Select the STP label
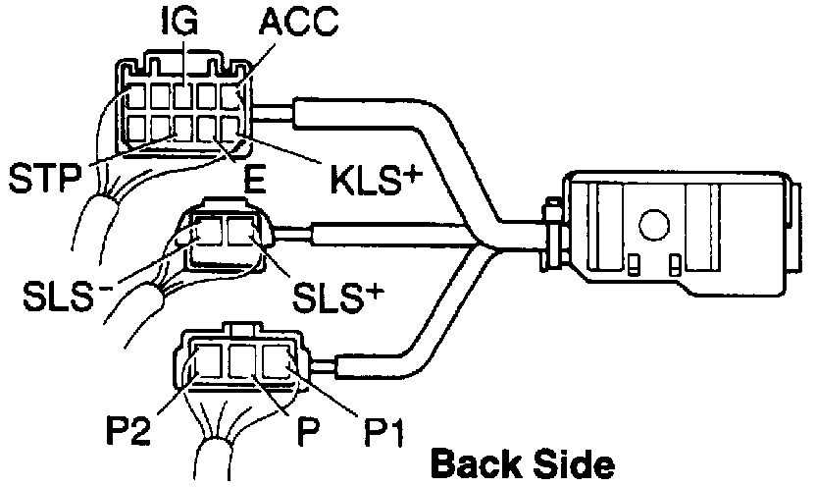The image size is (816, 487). (44, 180)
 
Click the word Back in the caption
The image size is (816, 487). (478, 462)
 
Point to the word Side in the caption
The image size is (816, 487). (571, 462)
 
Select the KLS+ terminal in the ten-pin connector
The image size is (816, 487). (231, 129)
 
